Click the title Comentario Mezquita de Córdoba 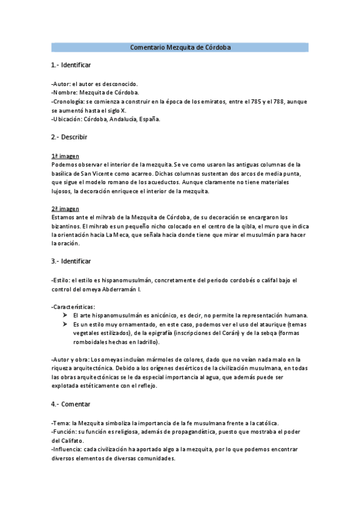(180, 47)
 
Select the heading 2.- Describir (70, 137)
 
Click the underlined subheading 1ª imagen (66, 156)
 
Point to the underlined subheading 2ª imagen (66, 209)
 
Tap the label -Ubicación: (67, 119)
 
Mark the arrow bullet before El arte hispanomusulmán (64, 315)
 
